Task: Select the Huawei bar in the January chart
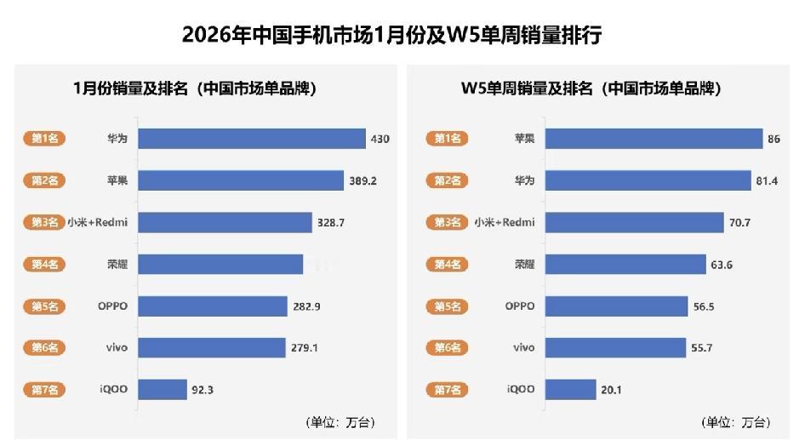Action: [x=252, y=139]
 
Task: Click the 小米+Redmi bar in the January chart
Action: [x=226, y=222]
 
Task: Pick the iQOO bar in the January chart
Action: [x=163, y=389]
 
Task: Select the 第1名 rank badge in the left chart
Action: [x=44, y=139]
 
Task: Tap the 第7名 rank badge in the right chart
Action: [x=448, y=389]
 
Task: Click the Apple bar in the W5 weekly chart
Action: [x=654, y=139]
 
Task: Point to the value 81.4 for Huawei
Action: [x=772, y=180]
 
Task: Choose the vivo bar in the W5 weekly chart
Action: [x=615, y=347]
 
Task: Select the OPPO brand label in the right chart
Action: [x=519, y=306]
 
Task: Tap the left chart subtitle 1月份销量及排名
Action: [x=195, y=88]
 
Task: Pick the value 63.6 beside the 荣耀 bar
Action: [x=721, y=265]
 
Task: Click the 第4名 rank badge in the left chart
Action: [x=44, y=264]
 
